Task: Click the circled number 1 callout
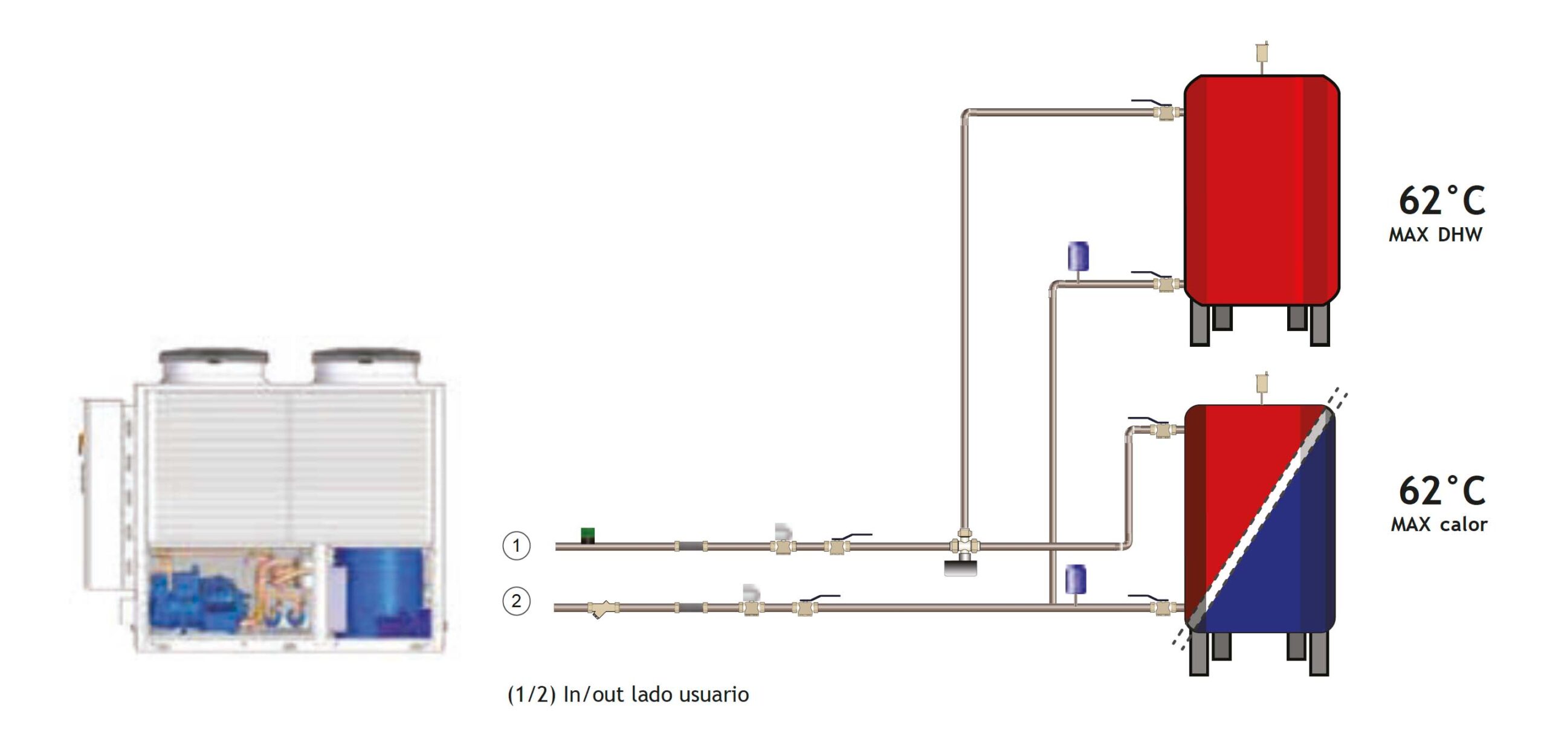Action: pos(516,546)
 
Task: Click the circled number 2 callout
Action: pos(516,601)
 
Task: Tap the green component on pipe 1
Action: pos(587,535)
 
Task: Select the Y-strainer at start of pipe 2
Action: pos(602,608)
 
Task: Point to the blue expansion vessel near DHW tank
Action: pos(1078,257)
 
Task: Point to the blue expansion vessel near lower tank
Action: pos(1076,579)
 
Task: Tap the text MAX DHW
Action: pos(1435,234)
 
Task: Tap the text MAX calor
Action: pos(1439,524)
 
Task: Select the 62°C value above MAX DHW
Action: pos(1442,201)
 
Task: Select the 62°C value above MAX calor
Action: pos(1442,490)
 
